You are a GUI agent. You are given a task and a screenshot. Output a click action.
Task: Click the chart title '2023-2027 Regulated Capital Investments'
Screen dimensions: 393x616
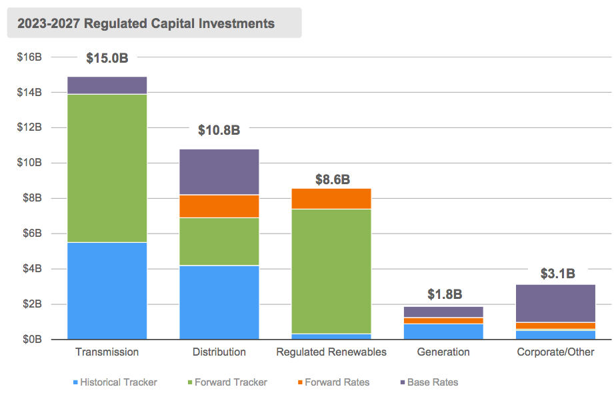[146, 23]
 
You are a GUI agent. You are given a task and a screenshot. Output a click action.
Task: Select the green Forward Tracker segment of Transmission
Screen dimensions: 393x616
[107, 168]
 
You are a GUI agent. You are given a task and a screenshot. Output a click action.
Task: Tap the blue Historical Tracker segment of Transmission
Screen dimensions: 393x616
[107, 291]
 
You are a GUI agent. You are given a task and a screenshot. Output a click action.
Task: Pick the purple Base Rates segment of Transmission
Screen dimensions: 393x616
[107, 85]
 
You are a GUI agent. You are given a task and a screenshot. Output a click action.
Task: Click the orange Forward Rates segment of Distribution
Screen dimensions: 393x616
[219, 206]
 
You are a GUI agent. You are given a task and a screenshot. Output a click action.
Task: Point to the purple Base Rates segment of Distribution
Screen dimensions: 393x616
[219, 171]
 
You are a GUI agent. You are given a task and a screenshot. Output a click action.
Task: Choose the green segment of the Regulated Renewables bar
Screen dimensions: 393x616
[331, 271]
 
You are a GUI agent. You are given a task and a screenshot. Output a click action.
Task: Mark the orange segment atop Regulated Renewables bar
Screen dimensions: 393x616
[331, 199]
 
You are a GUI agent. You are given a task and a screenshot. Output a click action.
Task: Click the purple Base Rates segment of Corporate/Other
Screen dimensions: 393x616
[555, 304]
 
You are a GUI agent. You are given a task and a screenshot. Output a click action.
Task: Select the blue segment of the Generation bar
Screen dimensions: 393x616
[443, 332]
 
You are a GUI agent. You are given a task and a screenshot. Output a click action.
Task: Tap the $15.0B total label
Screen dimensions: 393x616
[107, 58]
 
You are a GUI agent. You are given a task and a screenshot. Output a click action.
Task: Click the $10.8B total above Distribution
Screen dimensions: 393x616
[219, 130]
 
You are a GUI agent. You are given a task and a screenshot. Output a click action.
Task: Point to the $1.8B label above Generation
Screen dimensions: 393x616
[444, 294]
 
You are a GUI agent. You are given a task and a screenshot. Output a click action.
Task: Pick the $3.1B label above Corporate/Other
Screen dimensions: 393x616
[556, 273]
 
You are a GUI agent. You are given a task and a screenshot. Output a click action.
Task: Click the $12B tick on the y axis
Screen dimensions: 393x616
[29, 127]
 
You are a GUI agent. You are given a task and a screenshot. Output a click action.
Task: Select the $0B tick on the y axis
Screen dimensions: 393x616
[31, 340]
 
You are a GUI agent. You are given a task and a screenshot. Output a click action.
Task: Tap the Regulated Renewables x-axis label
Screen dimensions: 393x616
[331, 352]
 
